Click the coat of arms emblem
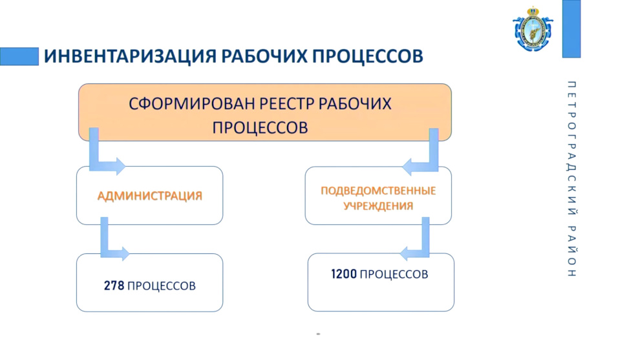pyautogui.click(x=533, y=29)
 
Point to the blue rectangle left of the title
pyautogui.click(x=19, y=56)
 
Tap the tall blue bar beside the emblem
pyautogui.click(x=571, y=28)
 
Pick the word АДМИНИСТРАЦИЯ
pyautogui.click(x=150, y=196)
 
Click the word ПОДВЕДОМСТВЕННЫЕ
pyautogui.click(x=378, y=191)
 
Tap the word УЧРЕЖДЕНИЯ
pyautogui.click(x=378, y=206)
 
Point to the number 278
pyautogui.click(x=114, y=285)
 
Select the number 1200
pyautogui.click(x=344, y=274)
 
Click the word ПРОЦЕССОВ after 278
pyautogui.click(x=162, y=286)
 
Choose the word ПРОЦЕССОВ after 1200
pyautogui.click(x=394, y=274)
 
